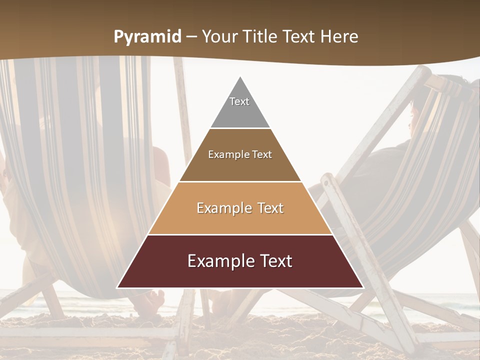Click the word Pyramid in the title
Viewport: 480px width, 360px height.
tap(147, 37)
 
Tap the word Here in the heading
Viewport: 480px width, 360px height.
tap(339, 37)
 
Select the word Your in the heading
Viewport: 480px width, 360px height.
tap(219, 37)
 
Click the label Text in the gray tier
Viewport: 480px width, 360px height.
tap(239, 101)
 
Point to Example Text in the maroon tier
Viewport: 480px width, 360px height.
tap(240, 261)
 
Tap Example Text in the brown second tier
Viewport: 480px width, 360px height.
tap(240, 154)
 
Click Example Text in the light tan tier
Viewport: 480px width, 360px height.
tap(240, 208)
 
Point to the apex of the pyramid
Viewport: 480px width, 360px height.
tap(240, 77)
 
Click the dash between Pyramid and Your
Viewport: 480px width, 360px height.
tap(191, 37)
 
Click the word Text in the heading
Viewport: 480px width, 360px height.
tap(299, 37)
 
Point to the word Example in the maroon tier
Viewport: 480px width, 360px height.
tap(218, 261)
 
